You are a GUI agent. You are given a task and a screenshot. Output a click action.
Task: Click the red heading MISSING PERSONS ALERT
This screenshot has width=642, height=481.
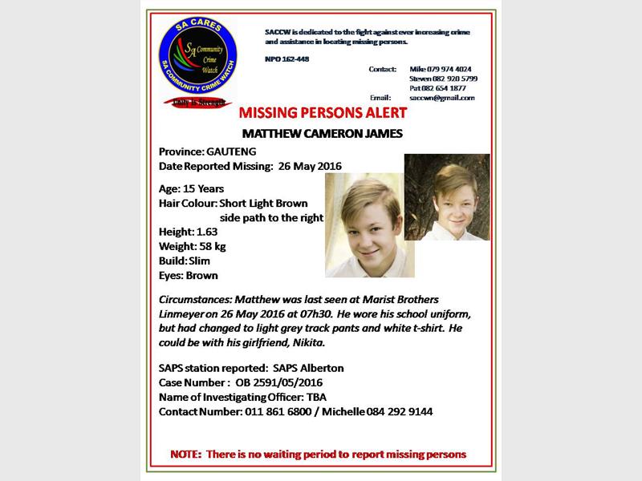317,112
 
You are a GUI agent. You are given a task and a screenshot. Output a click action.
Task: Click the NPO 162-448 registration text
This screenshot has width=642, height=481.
286,60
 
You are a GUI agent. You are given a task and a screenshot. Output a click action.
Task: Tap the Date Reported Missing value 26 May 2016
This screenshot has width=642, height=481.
310,166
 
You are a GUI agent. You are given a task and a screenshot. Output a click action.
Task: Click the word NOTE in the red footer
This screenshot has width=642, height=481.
188,455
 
